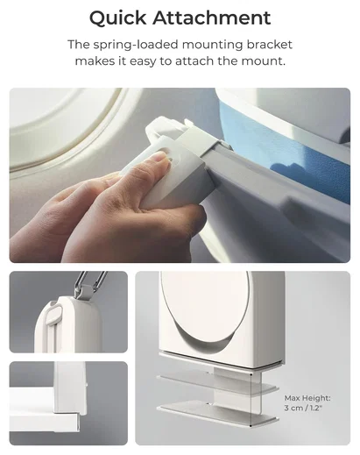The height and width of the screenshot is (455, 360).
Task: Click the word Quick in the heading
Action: click(x=118, y=18)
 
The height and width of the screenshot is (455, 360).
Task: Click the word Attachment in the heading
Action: click(x=212, y=18)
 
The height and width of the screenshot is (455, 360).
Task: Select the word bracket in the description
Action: click(x=270, y=45)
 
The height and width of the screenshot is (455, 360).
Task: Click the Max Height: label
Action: click(x=307, y=398)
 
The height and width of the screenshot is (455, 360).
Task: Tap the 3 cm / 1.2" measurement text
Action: click(x=303, y=408)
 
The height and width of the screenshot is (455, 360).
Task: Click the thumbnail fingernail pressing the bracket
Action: click(x=159, y=157)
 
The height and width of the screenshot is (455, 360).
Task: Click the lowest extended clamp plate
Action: click(x=217, y=413)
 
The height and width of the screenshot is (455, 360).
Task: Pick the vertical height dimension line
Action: click(x=251, y=399)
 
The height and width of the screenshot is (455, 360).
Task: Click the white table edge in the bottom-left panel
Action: click(x=44, y=421)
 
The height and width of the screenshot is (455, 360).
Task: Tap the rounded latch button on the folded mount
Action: click(x=55, y=315)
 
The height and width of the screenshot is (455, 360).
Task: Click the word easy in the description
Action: click(x=143, y=61)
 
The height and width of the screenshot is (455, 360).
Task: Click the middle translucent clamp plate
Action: click(x=216, y=384)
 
